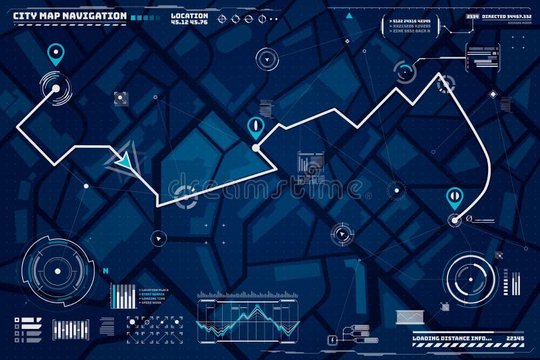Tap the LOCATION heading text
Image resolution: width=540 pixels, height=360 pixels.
[x=190, y=15]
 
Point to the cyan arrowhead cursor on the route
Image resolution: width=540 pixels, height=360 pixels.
[x=125, y=160]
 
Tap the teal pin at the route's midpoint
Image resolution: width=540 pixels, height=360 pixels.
[x=256, y=126]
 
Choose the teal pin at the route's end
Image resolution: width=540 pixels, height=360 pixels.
[x=455, y=197]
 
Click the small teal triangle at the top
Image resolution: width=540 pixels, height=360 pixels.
[x=349, y=15]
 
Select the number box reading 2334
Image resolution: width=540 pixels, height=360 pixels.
[x=472, y=16]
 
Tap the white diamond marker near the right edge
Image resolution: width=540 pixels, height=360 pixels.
[x=493, y=94]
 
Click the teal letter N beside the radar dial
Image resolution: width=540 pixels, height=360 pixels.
[x=105, y=270]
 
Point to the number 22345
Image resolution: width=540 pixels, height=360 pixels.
[x=515, y=338]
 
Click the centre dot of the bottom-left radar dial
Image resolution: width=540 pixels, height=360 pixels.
[x=57, y=272]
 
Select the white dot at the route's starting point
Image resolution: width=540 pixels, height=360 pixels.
[x=55, y=88]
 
